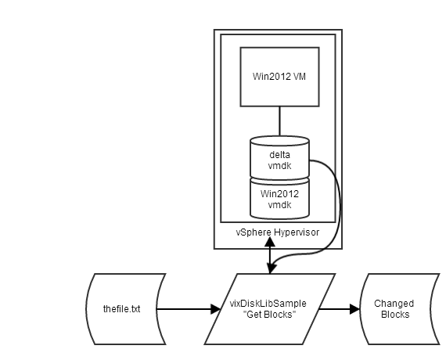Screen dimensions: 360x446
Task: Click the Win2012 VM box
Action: pyautogui.click(x=279, y=76)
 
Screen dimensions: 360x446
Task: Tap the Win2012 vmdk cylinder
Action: pyautogui.click(x=279, y=198)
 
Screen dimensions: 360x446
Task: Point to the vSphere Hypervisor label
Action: pyautogui.click(x=278, y=232)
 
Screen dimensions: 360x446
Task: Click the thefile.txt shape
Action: pyautogui.click(x=126, y=309)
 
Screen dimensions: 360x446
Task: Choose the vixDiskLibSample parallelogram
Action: pyautogui.click(x=270, y=309)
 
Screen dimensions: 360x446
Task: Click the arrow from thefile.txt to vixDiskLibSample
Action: pyautogui.click(x=188, y=309)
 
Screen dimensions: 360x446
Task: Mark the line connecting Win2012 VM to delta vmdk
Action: pyautogui.click(x=279, y=122)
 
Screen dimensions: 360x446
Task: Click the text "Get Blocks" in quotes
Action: pyautogui.click(x=269, y=315)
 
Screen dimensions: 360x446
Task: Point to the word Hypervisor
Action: pyautogui.click(x=297, y=232)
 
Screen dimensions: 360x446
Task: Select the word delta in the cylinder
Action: pyautogui.click(x=279, y=154)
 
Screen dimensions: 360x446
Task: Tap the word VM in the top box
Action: pyautogui.click(x=300, y=76)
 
